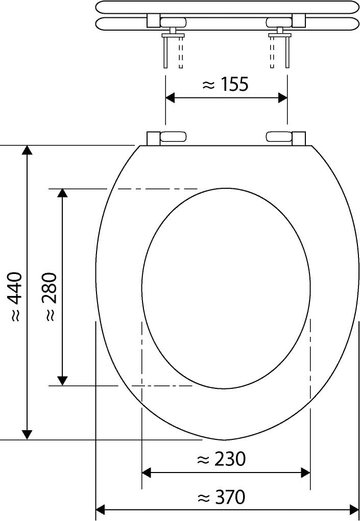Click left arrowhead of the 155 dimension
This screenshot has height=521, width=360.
click(171, 98)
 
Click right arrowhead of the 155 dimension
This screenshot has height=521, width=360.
click(282, 98)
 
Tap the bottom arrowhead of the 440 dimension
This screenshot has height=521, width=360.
click(28, 434)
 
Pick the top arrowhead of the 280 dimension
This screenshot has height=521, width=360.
click(62, 193)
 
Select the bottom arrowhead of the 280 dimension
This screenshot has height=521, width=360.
click(62, 381)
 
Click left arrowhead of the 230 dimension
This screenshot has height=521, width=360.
click(147, 473)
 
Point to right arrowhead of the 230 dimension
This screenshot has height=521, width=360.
click(305, 473)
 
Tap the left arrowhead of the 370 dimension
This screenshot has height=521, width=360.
click(101, 509)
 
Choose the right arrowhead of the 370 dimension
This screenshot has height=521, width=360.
click(354, 509)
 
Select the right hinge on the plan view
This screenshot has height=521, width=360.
click(285, 137)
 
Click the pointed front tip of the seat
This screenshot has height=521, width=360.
click(225, 439)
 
